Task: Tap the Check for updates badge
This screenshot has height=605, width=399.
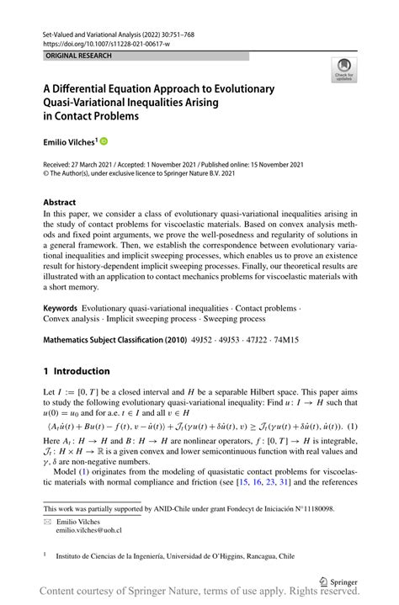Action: [x=344, y=71]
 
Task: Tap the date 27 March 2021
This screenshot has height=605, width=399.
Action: [x=98, y=166]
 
